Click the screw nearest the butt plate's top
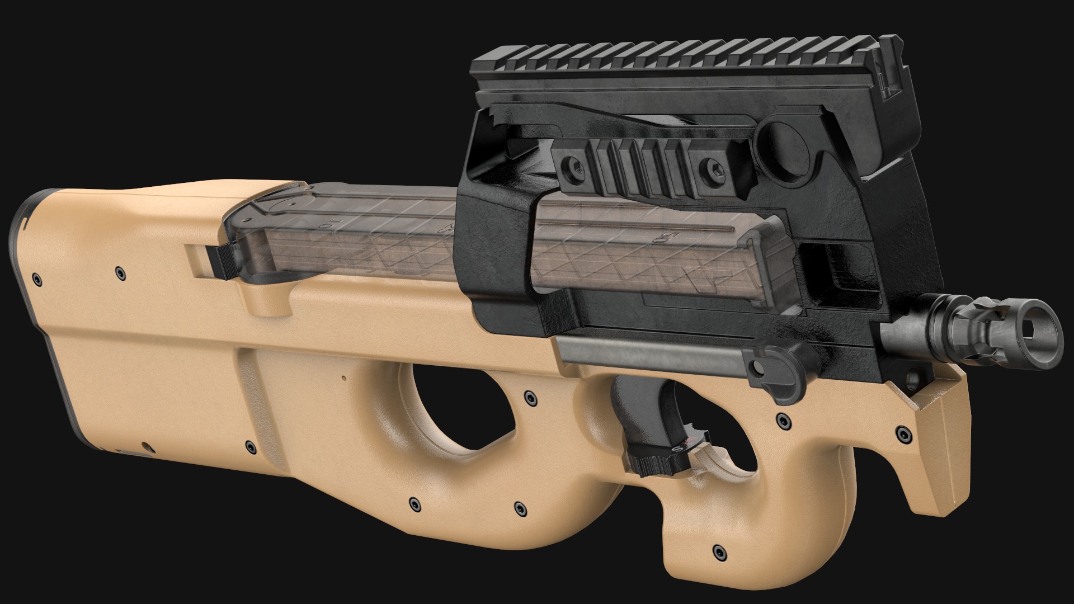(37, 278)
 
